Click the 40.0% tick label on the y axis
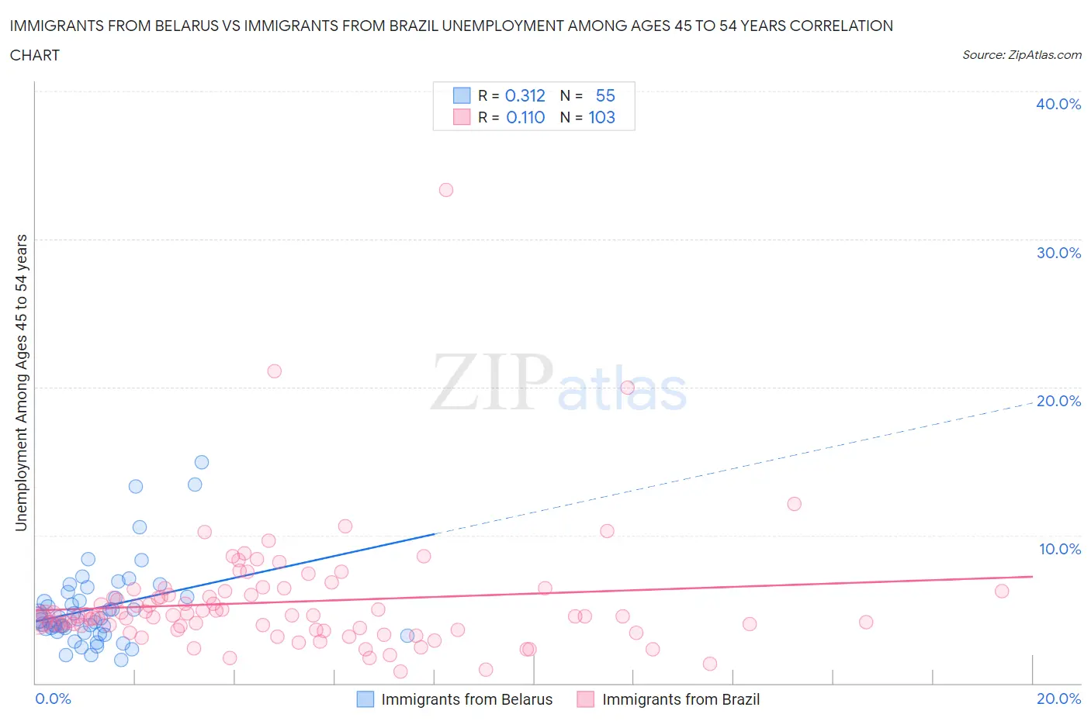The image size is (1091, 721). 1058,104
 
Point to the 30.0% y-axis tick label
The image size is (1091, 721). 1058,253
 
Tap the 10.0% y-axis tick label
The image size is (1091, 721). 1059,549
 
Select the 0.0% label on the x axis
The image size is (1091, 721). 53,699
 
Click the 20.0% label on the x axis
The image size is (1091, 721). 1058,699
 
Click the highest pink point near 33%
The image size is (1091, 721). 446,190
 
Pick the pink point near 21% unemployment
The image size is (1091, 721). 274,371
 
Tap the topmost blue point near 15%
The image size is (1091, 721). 202,462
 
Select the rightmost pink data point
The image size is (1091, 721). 1002,591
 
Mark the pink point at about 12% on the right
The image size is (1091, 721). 794,504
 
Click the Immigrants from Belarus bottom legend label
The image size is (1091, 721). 466,699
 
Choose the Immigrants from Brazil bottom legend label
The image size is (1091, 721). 681,699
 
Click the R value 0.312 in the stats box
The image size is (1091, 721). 525,95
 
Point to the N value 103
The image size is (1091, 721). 601,117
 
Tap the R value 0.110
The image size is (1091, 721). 525,117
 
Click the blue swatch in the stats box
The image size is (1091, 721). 462,95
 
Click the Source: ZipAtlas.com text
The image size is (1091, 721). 1021,54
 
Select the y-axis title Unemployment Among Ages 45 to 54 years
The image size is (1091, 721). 21,382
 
